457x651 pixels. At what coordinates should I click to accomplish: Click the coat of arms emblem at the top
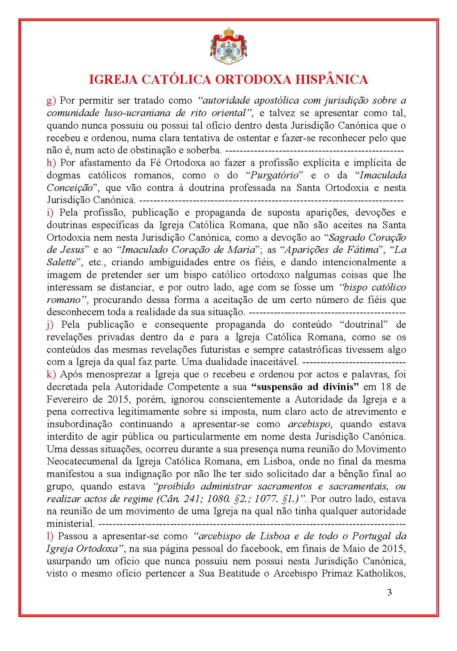pos(228,46)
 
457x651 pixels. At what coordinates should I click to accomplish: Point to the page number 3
pos(390,593)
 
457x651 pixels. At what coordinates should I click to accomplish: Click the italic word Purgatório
pos(274,175)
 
